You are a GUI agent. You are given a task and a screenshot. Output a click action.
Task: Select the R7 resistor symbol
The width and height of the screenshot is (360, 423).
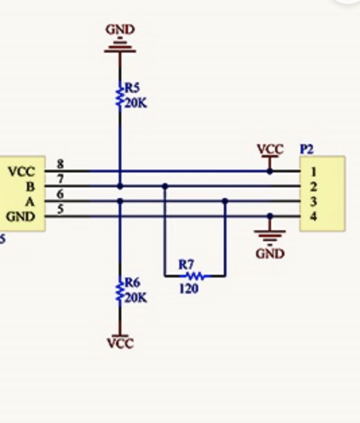tap(195, 275)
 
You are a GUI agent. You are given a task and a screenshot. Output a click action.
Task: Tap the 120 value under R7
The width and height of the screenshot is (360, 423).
tap(189, 290)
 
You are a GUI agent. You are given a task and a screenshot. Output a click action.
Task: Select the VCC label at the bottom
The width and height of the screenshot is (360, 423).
tap(120, 343)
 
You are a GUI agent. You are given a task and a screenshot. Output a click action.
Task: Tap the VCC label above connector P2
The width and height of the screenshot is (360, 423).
tap(270, 149)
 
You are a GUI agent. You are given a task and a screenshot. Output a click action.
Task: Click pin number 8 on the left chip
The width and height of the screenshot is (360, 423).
tap(60, 164)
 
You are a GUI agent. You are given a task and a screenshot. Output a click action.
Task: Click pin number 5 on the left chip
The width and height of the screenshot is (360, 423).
tap(60, 209)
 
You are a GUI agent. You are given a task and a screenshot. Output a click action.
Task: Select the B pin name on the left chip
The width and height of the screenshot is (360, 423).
tap(29, 187)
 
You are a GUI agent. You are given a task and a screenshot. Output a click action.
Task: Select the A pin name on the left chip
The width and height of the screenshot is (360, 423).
tap(29, 201)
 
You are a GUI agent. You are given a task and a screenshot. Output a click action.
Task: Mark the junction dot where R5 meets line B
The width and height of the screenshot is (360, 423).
tap(120, 186)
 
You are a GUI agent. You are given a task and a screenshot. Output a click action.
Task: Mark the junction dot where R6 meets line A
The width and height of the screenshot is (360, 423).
tap(120, 201)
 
